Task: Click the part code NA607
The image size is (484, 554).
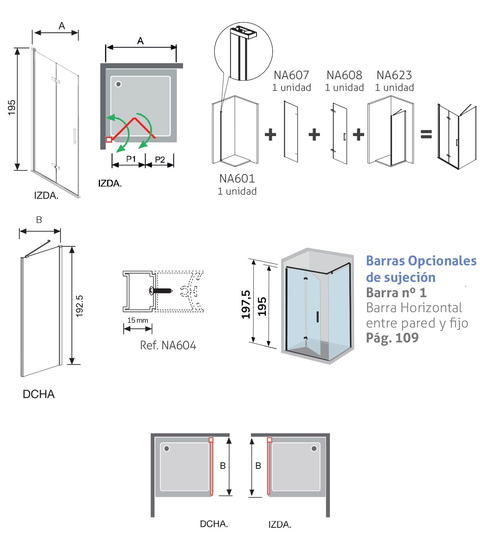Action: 291,75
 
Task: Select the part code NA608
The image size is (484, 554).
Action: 344,75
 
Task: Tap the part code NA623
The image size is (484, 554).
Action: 394,75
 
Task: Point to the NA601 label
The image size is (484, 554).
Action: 237,178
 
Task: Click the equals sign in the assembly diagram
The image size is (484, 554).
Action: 426,134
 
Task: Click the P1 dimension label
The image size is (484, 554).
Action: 131,159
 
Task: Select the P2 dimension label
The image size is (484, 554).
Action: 160,159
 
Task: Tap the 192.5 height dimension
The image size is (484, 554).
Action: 79,306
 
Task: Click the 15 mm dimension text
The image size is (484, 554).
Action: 138,320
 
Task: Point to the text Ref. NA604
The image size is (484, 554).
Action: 168,345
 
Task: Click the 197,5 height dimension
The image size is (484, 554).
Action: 246,304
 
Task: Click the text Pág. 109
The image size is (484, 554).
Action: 392,338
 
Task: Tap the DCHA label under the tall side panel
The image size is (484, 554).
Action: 38,394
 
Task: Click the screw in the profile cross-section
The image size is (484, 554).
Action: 161,290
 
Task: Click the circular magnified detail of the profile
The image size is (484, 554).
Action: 243,52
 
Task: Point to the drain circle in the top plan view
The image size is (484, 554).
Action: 119,84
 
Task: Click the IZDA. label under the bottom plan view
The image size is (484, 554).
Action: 280,525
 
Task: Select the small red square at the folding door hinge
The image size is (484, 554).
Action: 108,140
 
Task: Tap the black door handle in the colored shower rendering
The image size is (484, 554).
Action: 317,317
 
